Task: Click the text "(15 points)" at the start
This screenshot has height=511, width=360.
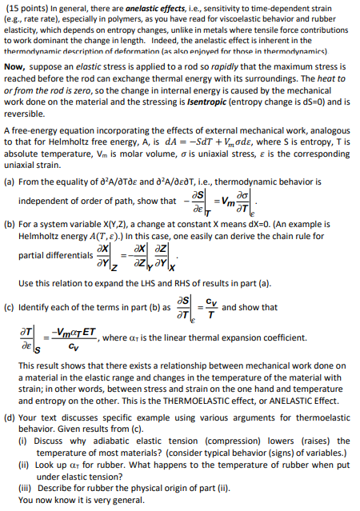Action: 23,7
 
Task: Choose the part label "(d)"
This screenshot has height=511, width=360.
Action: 10,416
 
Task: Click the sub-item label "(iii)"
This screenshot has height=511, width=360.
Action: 23,489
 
